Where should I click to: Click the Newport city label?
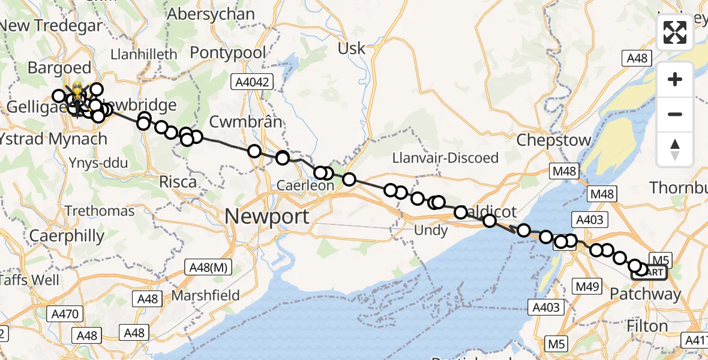click(x=268, y=217)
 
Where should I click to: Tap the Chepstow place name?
click(x=554, y=140)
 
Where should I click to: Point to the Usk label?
click(x=352, y=49)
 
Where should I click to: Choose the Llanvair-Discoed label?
click(x=445, y=158)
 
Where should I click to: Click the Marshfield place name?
click(x=206, y=295)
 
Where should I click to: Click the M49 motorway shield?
click(x=586, y=287)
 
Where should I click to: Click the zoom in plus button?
click(x=675, y=80)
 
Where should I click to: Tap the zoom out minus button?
click(x=675, y=114)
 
